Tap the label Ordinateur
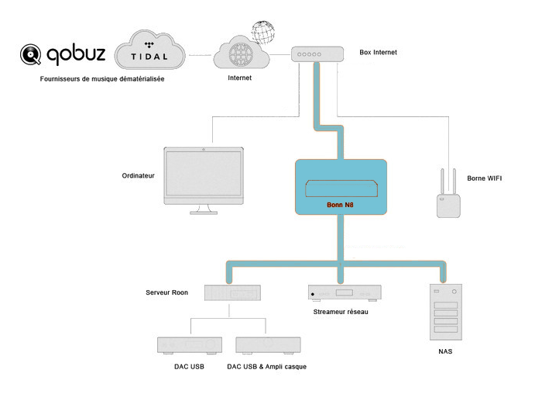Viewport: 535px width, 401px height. pyautogui.click(x=139, y=176)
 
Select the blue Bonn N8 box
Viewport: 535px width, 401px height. pyautogui.click(x=341, y=187)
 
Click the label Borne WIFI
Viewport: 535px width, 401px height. pyautogui.click(x=484, y=178)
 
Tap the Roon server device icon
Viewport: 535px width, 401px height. pyautogui.click(x=232, y=292)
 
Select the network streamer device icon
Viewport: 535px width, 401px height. pyautogui.click(x=345, y=293)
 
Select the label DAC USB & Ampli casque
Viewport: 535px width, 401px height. pyautogui.click(x=267, y=365)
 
